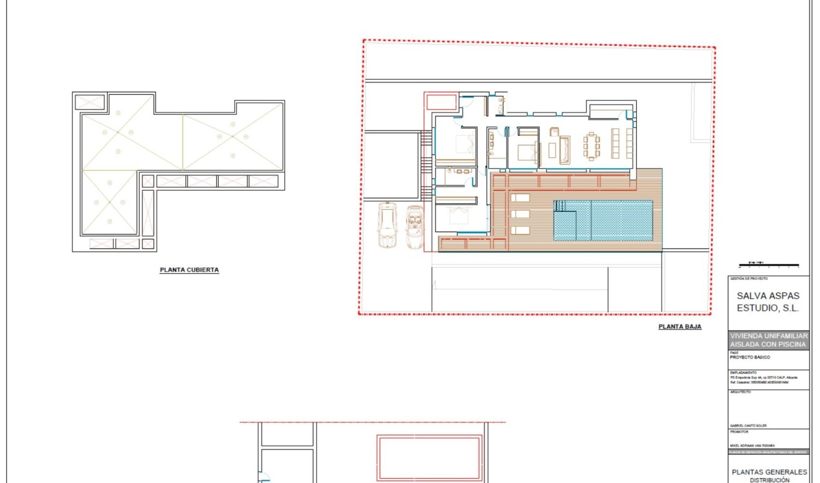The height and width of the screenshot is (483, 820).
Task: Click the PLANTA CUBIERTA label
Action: [189, 270]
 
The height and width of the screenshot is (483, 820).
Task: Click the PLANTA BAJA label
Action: [679, 326]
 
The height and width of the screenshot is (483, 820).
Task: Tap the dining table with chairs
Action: [591, 147]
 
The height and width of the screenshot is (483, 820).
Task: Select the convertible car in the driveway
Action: [414, 227]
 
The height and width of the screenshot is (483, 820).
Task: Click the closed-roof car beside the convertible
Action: [388, 226]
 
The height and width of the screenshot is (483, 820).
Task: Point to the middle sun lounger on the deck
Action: [520, 214]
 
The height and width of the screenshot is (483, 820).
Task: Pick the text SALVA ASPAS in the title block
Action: [768, 296]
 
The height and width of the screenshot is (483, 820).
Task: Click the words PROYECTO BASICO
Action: [750, 357]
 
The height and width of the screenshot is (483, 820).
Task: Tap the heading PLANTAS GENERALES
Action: [769, 471]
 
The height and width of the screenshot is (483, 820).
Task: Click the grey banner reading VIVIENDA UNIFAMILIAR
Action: [769, 336]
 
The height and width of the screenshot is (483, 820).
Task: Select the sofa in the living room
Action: [564, 150]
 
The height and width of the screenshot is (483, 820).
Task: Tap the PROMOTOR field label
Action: [739, 432]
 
